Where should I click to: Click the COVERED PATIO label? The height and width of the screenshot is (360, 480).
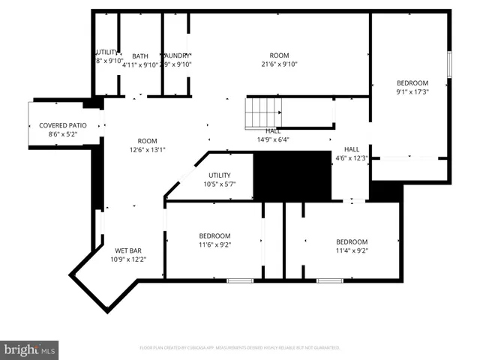[63, 125]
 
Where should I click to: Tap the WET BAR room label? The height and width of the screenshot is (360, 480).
[127, 250]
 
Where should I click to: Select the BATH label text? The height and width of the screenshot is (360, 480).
[140, 56]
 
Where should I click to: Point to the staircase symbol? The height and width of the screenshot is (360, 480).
[262, 113]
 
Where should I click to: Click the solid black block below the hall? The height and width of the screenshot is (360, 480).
[292, 176]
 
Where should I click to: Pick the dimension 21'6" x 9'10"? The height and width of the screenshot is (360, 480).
[279, 64]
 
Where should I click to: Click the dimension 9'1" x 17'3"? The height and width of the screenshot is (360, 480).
[412, 92]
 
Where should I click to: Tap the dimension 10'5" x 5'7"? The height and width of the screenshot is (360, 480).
[219, 184]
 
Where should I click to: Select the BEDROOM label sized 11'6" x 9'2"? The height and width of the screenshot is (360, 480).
[214, 235]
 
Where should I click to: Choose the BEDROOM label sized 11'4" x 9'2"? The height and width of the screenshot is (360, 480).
[352, 241]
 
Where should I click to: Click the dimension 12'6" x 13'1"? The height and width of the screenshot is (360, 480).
[147, 149]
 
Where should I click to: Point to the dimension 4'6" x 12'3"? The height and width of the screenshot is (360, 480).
[352, 157]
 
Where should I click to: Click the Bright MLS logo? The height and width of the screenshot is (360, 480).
[30, 349]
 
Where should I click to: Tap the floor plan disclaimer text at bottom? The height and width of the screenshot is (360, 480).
[240, 348]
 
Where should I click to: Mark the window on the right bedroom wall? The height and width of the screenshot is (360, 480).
[448, 64]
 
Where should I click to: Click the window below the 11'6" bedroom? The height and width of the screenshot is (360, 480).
[240, 280]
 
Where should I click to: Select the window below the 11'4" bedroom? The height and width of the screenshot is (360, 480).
[328, 280]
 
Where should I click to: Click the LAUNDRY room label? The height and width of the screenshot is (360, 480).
[177, 56]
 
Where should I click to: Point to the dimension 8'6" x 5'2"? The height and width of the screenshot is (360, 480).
[63, 134]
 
